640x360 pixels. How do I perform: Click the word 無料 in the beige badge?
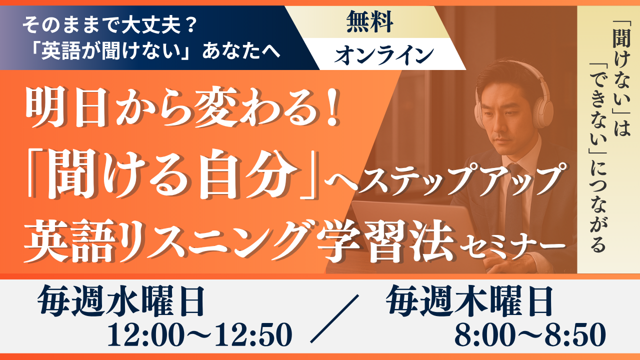(369, 21)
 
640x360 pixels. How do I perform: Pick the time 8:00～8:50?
(530, 334)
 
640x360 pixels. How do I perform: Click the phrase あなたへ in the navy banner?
(241, 51)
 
